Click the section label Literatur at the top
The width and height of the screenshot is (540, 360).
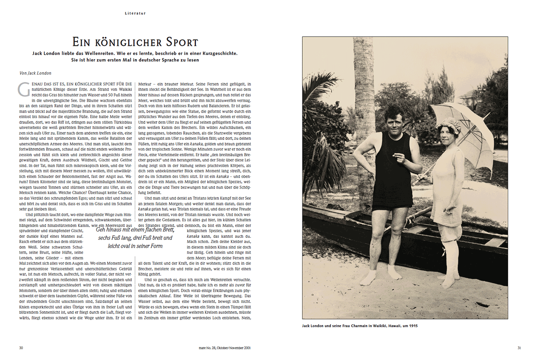coord(135,13)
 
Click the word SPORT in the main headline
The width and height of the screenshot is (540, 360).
coord(178,42)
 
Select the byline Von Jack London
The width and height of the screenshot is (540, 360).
coord(35,73)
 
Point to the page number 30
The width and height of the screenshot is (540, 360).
coord(21,347)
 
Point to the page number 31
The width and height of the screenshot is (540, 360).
coord(520,347)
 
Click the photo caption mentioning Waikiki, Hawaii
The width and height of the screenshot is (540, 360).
coord(360,326)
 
